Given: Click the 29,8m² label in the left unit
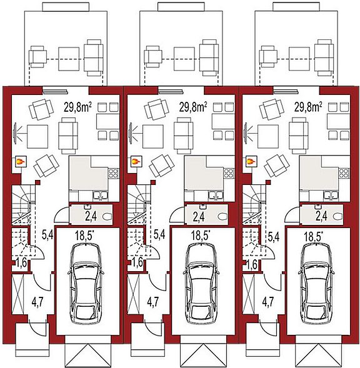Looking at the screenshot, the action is [x=77, y=107].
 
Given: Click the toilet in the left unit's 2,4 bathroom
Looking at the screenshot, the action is [x=107, y=216].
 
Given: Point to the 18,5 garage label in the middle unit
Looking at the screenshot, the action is [x=201, y=236].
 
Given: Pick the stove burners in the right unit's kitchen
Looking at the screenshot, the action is [x=343, y=174].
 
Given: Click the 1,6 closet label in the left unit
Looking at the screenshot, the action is [x=21, y=262].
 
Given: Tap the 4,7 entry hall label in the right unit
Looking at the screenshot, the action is [x=267, y=302].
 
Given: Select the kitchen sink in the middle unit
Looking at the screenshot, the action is [x=216, y=196].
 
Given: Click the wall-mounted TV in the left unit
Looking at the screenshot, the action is [x=15, y=133].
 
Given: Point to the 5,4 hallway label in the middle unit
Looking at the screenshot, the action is [x=159, y=234].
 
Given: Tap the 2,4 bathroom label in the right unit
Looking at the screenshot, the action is [x=322, y=216].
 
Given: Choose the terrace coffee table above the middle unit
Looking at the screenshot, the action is [x=184, y=59].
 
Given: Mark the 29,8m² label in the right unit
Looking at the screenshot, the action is [x=308, y=107].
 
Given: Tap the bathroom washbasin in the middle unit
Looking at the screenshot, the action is [x=202, y=207].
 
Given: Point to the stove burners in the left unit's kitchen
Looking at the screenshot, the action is [x=112, y=174].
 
